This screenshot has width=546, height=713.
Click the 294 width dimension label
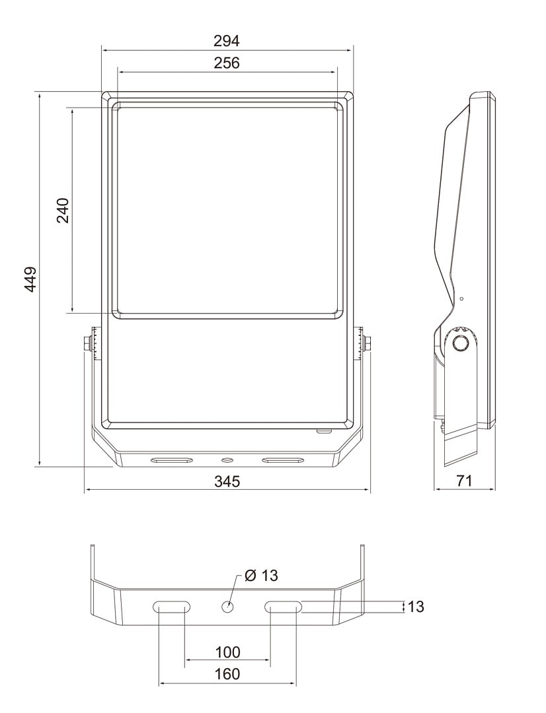click(227, 41)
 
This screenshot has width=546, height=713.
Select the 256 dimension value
click(227, 63)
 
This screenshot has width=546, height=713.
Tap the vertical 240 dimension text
click(63, 210)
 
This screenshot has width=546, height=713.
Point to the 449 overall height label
click(30, 279)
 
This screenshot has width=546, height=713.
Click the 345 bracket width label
click(227, 481)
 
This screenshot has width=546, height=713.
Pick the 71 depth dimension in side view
click(464, 481)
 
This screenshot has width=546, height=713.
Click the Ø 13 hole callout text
click(261, 575)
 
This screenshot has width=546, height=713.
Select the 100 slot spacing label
click(227, 652)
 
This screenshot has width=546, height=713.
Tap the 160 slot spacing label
click(227, 673)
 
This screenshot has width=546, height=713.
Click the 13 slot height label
click(415, 606)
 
